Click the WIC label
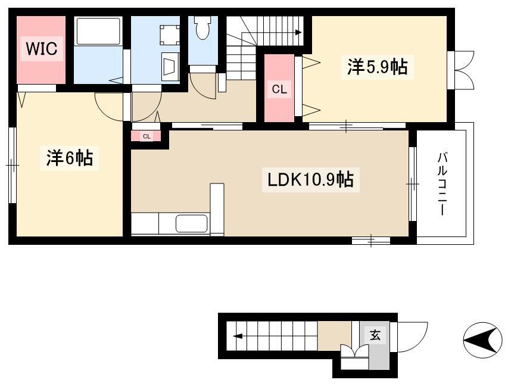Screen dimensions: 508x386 (x=42, y=49)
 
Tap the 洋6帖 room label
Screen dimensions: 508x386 (x=70, y=158)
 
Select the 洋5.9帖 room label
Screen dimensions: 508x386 (x=378, y=67)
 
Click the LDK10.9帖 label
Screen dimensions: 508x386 (x=310, y=179)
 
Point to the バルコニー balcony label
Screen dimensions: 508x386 (x=442, y=183)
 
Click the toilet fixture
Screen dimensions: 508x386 (x=202, y=27)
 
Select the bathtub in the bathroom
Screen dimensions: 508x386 (x=98, y=31)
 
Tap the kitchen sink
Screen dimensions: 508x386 (x=192, y=223)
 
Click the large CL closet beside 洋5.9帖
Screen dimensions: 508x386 (x=279, y=89)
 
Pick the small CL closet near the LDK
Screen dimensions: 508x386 (x=146, y=136)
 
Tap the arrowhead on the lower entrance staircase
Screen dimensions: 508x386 (x=238, y=336)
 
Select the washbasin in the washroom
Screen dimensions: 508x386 (x=170, y=67)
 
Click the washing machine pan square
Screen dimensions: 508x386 (x=170, y=35)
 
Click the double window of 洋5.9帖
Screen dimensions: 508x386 (x=462, y=70)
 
